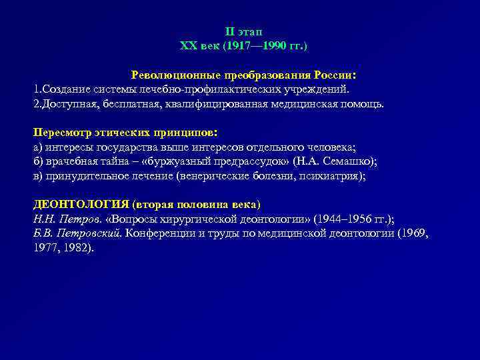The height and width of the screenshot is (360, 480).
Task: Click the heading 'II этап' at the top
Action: point(244,32)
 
